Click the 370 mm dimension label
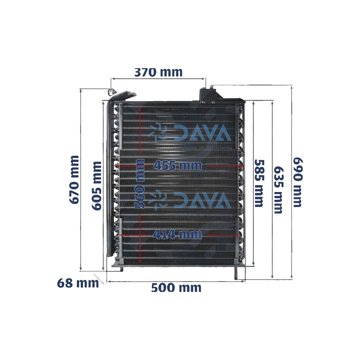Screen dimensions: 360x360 pyautogui.click(x=158, y=72)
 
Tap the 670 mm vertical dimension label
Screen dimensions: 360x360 pyautogui.click(x=74, y=180)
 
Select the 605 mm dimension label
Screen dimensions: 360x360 pyautogui.click(x=97, y=186)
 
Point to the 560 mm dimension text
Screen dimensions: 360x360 pyautogui.click(x=140, y=184)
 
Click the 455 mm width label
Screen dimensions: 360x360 pyautogui.click(x=178, y=166)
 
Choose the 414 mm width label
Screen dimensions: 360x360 pyautogui.click(x=177, y=235)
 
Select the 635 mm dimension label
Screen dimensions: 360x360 pyautogui.click(x=278, y=190)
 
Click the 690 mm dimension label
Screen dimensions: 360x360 pyautogui.click(x=298, y=182)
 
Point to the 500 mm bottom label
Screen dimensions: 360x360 pyautogui.click(x=176, y=288)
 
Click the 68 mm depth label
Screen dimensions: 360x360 pyautogui.click(x=78, y=283)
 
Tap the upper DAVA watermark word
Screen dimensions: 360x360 pyautogui.click(x=203, y=133)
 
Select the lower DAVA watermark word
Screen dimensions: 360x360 pyautogui.click(x=203, y=200)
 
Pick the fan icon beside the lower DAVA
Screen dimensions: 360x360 pyautogui.click(x=158, y=200)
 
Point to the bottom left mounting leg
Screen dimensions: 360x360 pyautogui.click(x=121, y=269)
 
